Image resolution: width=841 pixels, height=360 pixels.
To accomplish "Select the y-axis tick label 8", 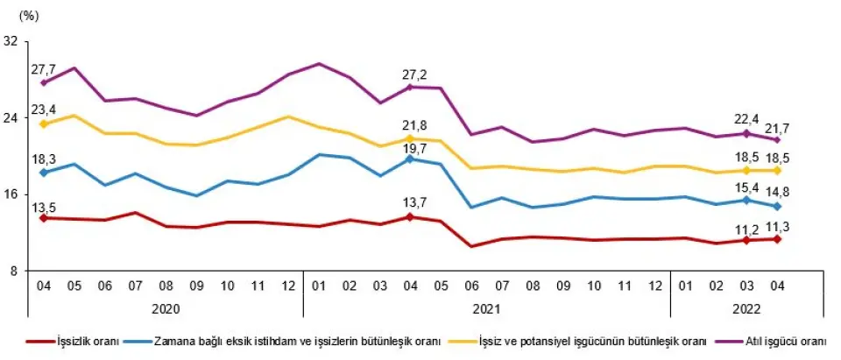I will tap(14, 271).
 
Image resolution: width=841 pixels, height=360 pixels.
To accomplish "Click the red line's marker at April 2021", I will tap(409, 216).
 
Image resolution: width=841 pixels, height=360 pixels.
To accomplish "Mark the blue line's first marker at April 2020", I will tap(43, 173).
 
